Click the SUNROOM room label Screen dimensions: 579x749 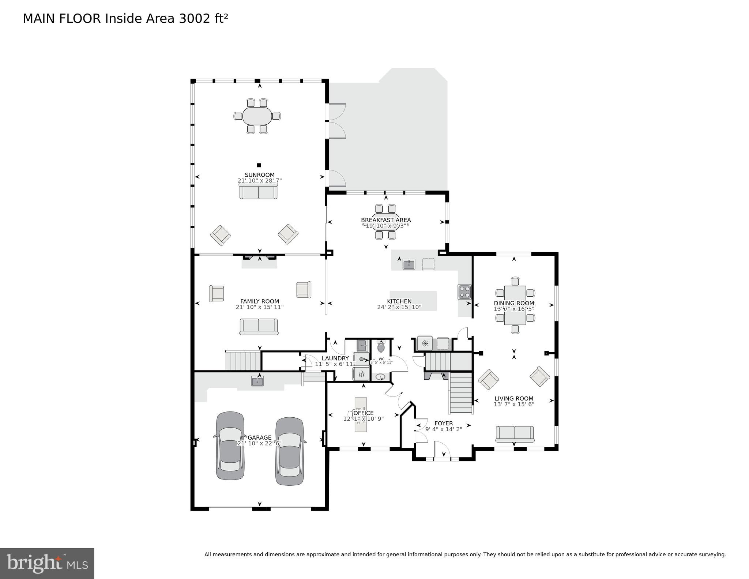[259, 175]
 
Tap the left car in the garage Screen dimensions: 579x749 [230, 446]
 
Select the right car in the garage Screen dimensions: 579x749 [289, 451]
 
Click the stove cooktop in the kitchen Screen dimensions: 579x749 [464, 292]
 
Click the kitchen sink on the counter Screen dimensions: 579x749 [409, 264]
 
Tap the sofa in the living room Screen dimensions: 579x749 [515, 434]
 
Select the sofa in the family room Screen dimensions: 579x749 [259, 326]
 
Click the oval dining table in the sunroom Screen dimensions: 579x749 [257, 116]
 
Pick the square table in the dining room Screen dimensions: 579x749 [515, 305]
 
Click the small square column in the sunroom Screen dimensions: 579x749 [259, 165]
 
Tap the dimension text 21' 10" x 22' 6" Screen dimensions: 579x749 [259, 443]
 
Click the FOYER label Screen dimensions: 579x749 [444, 423]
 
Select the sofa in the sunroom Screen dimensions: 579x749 [259, 191]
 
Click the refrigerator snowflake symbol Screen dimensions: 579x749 [425, 343]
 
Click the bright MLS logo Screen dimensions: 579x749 [47, 563]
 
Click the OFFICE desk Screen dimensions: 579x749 [361, 414]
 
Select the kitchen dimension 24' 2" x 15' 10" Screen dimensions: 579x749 [399, 307]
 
